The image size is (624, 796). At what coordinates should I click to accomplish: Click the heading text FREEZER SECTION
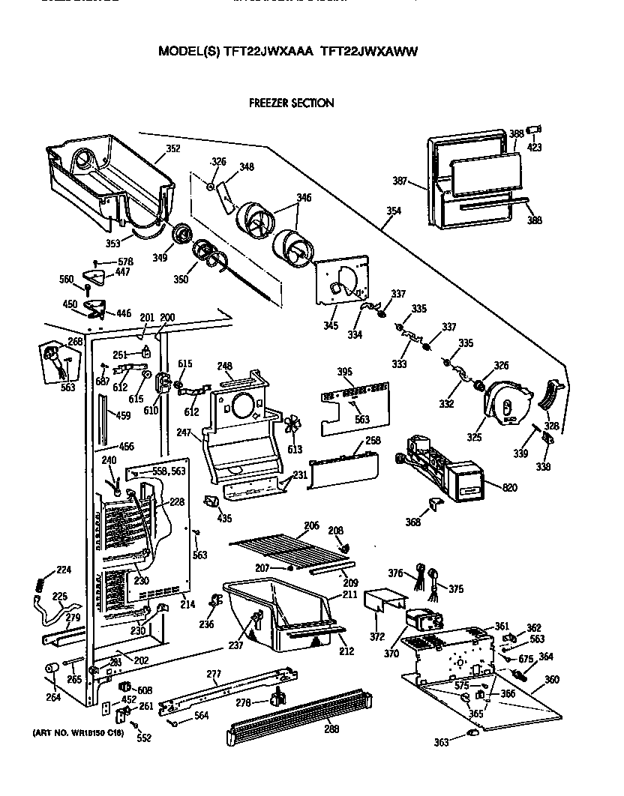coord(291,103)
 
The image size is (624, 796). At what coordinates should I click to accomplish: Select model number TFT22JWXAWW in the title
coord(369,52)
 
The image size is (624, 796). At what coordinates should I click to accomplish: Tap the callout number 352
coord(173,148)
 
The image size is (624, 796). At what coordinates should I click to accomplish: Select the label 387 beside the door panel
coord(400,181)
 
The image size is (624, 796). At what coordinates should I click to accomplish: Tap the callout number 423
coord(534,147)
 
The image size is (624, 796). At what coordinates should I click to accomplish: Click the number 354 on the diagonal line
coord(394,211)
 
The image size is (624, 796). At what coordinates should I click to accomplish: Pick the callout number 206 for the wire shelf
coord(311,525)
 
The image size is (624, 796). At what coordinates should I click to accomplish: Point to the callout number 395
coord(344,373)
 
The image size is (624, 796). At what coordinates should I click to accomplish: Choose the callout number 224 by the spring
coord(64,570)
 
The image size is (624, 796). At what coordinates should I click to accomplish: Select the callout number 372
coord(377,636)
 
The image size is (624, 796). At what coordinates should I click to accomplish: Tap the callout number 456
coord(127,446)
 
